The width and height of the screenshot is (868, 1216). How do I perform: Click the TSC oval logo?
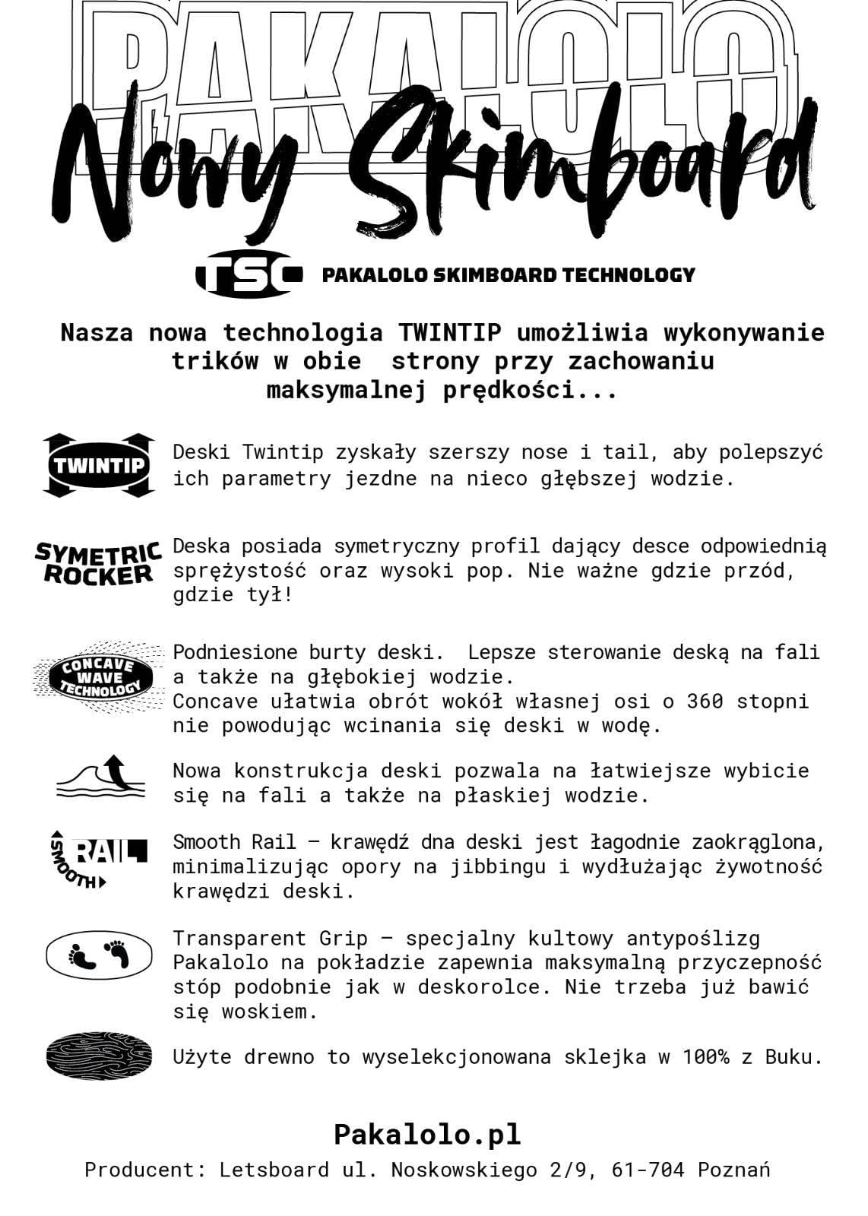[x=249, y=274]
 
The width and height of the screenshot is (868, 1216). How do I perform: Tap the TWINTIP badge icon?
[x=98, y=465]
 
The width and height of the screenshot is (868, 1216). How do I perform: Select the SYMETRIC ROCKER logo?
[x=98, y=563]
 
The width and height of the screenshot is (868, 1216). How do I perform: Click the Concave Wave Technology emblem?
[x=99, y=677]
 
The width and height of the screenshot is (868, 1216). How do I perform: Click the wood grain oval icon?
[x=99, y=1056]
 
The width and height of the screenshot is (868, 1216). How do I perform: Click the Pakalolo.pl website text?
[x=427, y=1134]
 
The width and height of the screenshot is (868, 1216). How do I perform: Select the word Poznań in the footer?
[x=733, y=1170]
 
